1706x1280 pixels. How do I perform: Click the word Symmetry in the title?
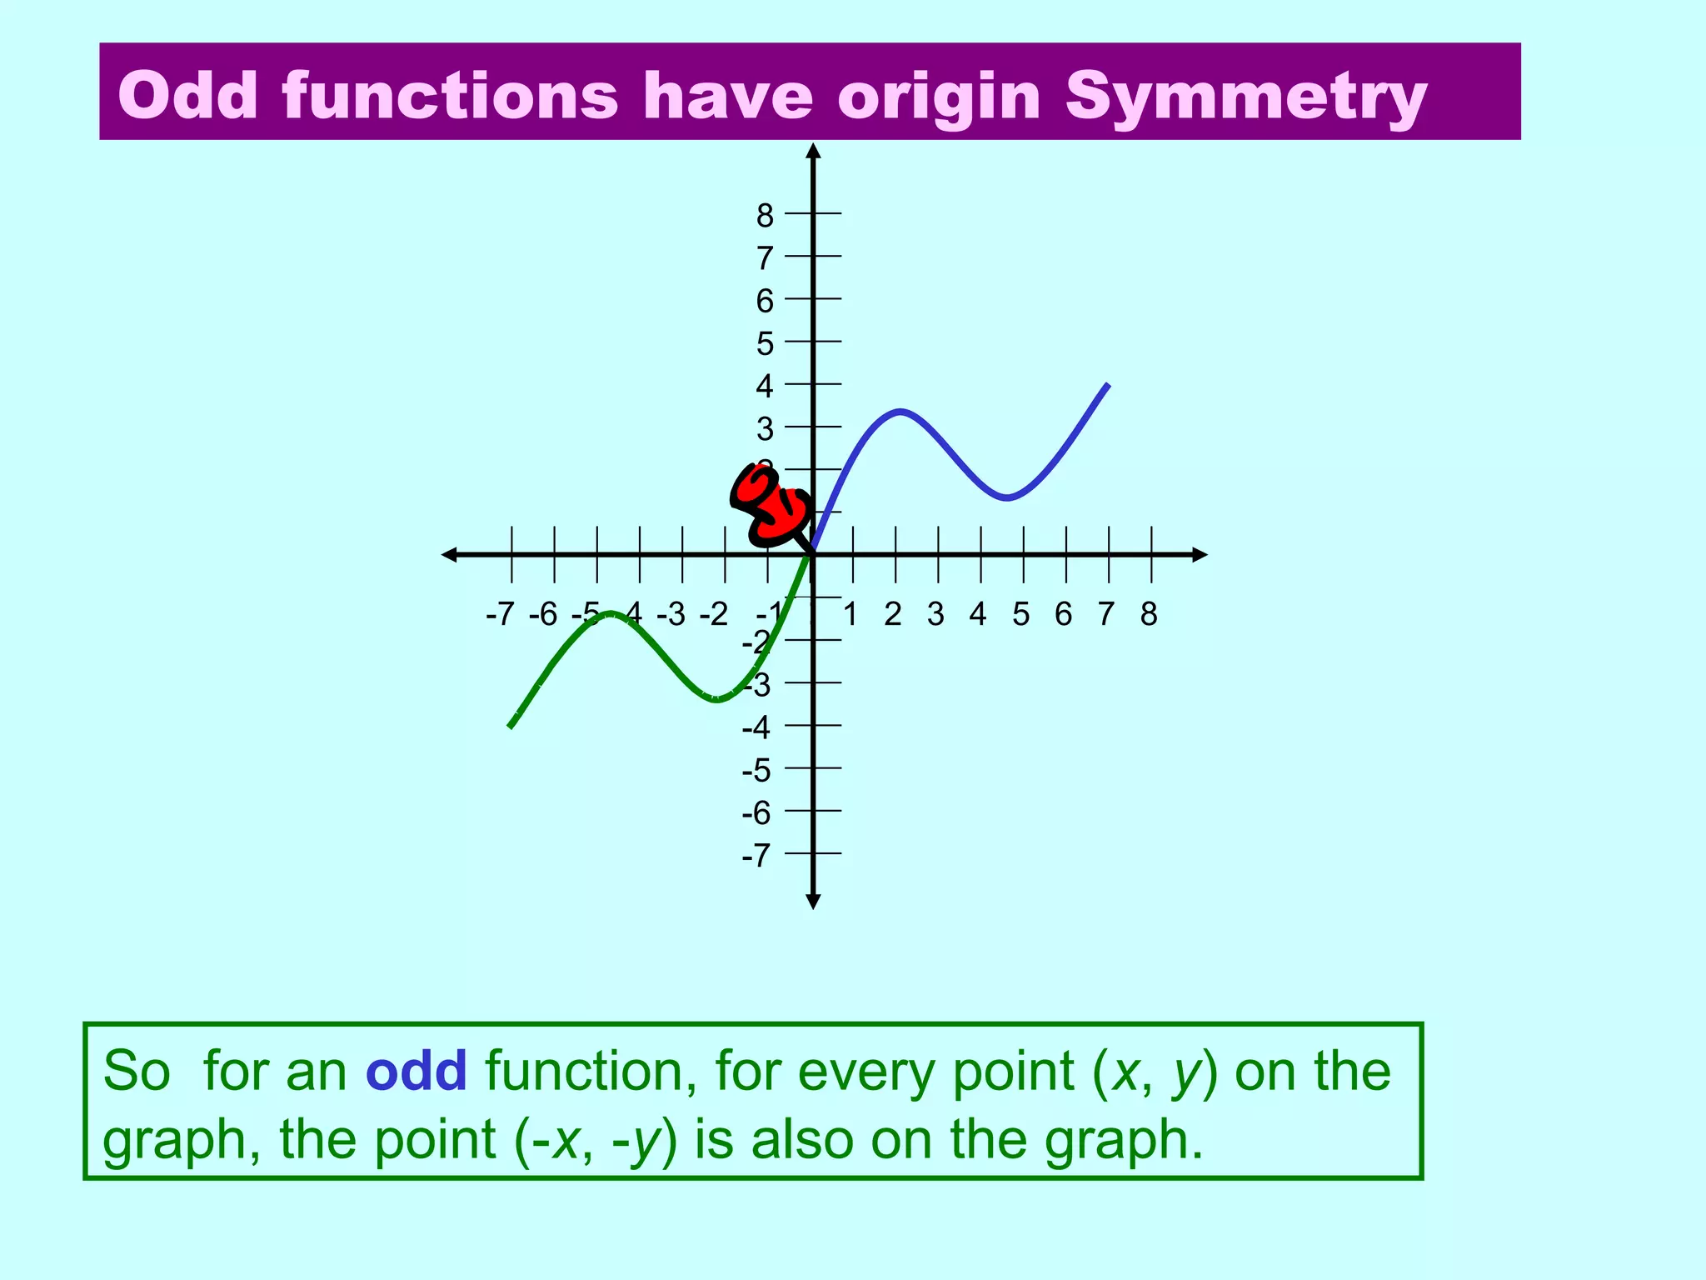click(x=1246, y=97)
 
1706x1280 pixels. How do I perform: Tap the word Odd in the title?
click(x=188, y=95)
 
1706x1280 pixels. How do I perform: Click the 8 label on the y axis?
click(x=765, y=216)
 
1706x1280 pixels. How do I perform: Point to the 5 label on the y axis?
click(x=765, y=344)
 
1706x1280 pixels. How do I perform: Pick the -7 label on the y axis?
click(x=756, y=856)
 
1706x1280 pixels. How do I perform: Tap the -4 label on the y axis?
click(x=756, y=727)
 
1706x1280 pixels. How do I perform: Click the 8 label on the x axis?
click(x=1149, y=614)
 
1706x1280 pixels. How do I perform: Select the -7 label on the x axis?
click(x=500, y=614)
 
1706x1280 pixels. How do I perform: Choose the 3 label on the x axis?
click(x=935, y=614)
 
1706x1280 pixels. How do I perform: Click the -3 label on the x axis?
click(x=671, y=614)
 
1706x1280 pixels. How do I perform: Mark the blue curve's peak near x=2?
click(x=900, y=411)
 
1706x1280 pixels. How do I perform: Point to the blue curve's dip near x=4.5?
click(x=1007, y=497)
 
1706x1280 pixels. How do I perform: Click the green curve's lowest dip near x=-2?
click(x=716, y=699)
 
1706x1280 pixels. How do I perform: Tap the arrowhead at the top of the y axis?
click(x=814, y=151)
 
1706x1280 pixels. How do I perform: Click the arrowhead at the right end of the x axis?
click(x=1200, y=554)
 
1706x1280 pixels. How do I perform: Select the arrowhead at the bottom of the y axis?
click(x=814, y=902)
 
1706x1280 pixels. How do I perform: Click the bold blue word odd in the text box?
click(x=417, y=1072)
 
